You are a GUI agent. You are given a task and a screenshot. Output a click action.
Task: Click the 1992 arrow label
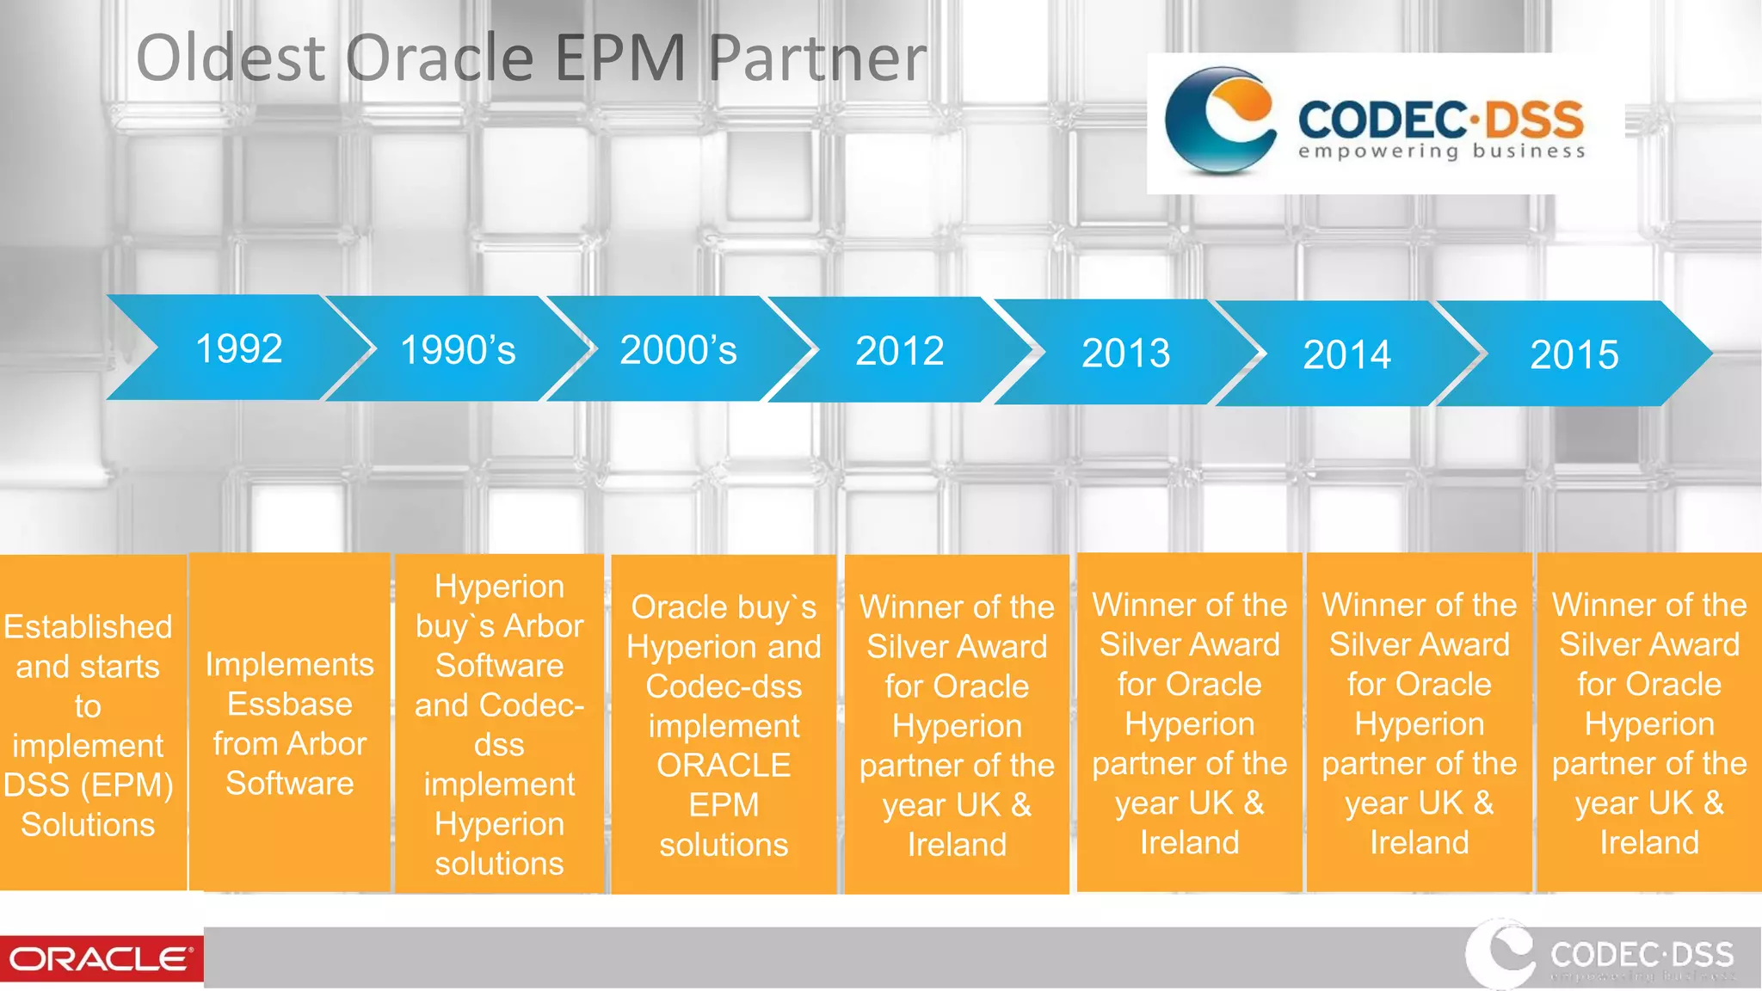click(238, 348)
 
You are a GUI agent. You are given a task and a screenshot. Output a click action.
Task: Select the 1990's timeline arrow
click(458, 350)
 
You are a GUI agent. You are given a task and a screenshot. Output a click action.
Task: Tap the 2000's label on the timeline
click(678, 350)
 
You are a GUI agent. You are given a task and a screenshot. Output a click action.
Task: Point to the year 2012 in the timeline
click(899, 351)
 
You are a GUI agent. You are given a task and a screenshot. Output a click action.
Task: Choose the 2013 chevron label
click(1125, 353)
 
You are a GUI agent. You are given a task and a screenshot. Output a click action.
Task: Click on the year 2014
click(1346, 354)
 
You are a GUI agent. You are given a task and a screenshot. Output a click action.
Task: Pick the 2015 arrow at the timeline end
click(1574, 354)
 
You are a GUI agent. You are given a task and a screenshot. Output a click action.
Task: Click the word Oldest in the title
click(231, 58)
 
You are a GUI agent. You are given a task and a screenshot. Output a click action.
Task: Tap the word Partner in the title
click(816, 58)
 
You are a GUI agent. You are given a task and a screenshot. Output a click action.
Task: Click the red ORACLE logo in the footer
click(101, 958)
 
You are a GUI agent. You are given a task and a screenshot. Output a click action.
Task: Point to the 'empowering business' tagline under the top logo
click(1441, 152)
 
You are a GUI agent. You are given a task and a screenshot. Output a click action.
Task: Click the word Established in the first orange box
click(88, 626)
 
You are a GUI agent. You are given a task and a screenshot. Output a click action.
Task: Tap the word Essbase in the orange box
click(289, 704)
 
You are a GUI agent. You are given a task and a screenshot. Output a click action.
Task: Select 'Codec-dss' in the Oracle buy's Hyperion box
click(724, 686)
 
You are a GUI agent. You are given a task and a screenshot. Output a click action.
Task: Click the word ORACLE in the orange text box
click(724, 765)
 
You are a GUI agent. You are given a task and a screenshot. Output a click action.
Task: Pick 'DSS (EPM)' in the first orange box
click(88, 785)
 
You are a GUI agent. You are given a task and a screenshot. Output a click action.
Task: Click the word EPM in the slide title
click(619, 58)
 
